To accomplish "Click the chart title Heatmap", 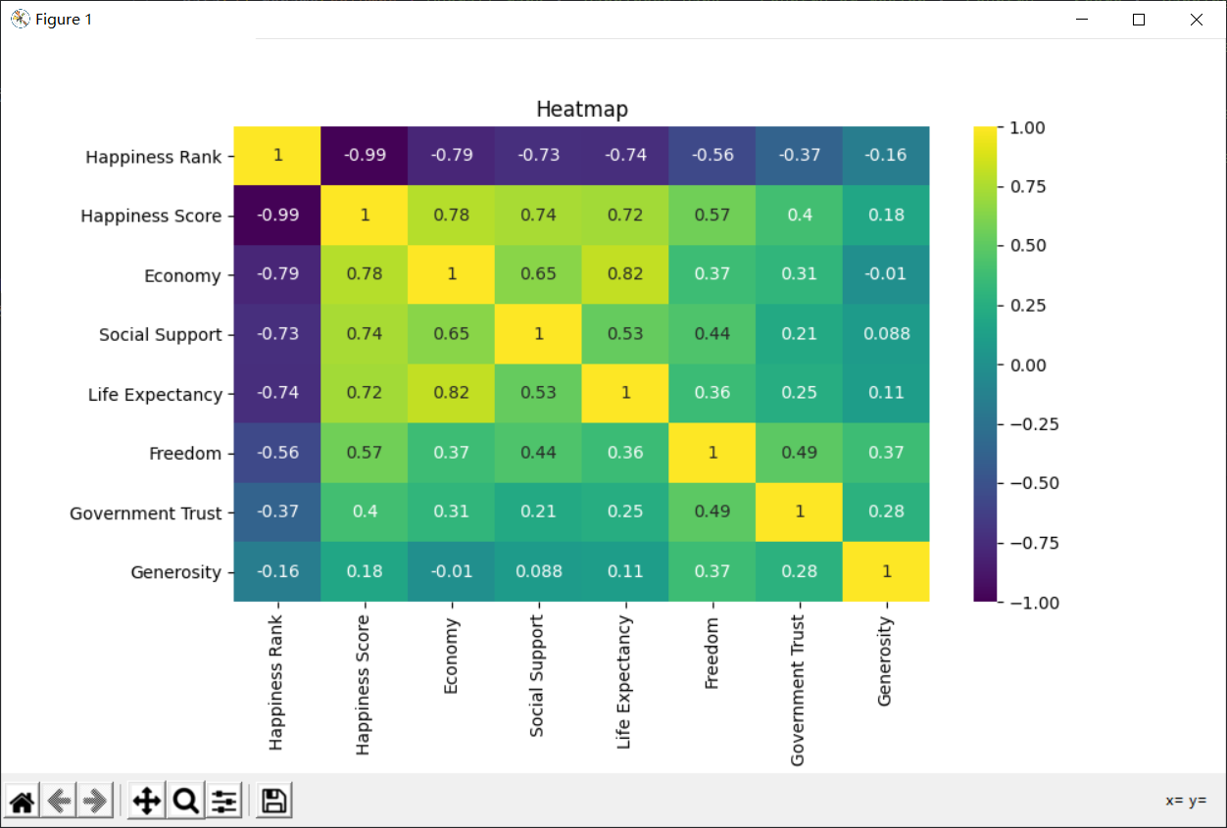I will pos(581,110).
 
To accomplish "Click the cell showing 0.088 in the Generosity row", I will pos(538,571).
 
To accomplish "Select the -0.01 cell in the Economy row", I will pos(886,274).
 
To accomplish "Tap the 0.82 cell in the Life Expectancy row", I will pos(451,393).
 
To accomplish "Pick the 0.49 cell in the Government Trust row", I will pos(712,511).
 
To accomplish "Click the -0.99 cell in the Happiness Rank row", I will pos(365,155).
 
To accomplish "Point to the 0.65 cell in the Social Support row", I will pos(451,334).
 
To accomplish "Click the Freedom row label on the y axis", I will pos(185,454).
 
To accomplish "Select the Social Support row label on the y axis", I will pos(161,335).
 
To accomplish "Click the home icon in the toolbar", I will pos(23,802).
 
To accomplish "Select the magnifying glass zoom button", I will pos(185,802).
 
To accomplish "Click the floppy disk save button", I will pos(274,802).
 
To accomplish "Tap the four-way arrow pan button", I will pos(146,802).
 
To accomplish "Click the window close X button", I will pos(1197,20).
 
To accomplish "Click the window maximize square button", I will pos(1139,20).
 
